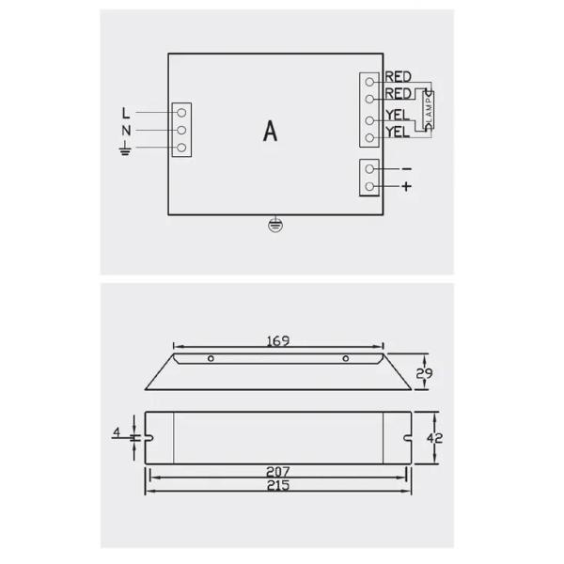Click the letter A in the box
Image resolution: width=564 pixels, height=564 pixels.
pos(271,132)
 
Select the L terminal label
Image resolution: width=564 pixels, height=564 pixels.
pos(125,112)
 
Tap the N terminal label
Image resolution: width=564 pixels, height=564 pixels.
pos(125,131)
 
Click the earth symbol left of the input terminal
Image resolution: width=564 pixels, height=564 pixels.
pos(125,149)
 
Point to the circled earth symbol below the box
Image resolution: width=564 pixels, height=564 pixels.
pos(274,226)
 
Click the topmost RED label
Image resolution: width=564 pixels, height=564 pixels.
pos(398,77)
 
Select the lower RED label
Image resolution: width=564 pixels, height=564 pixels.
pos(398,94)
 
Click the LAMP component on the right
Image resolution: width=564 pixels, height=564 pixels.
pos(429,112)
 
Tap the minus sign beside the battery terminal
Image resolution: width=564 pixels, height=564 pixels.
pos(406,168)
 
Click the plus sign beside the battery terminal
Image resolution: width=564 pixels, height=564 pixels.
pos(406,186)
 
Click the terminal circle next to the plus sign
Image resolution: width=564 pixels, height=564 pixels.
pos(371,186)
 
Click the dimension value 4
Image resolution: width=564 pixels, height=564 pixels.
pos(117,433)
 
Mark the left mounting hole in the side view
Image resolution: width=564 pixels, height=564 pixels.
pos(211,359)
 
